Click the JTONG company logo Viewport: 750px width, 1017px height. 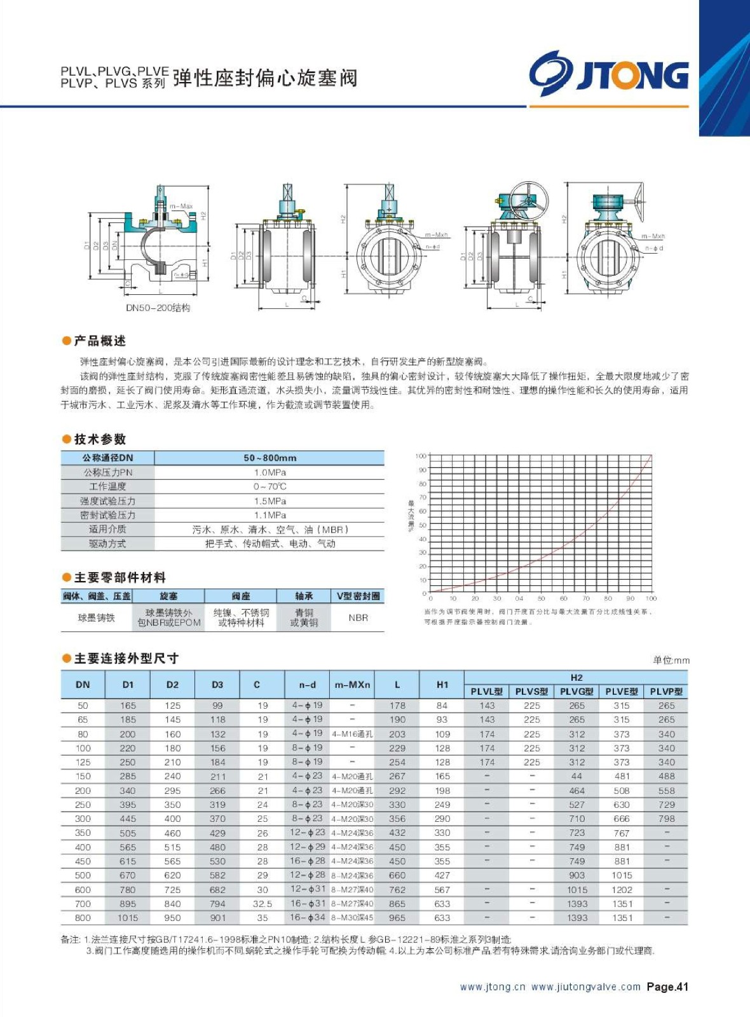(609, 74)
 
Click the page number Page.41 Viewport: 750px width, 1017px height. (667, 986)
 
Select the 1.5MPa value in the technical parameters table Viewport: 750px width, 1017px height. (269, 501)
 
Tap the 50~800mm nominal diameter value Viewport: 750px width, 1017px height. (269, 458)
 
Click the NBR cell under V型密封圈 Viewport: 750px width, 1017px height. (358, 617)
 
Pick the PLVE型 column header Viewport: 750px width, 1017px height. (621, 692)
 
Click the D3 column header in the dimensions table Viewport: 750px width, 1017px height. (217, 685)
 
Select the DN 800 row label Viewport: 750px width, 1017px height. (83, 918)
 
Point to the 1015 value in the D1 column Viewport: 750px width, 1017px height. (128, 918)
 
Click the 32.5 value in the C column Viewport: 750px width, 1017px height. (262, 904)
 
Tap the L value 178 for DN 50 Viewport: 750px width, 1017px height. (397, 706)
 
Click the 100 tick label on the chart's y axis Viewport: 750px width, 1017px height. (421, 456)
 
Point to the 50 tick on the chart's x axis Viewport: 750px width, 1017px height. (541, 599)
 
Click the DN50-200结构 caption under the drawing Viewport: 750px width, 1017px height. (158, 308)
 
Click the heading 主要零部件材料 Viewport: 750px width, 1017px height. (119, 578)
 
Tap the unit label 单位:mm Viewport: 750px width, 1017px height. (671, 660)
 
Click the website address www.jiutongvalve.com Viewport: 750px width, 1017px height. (585, 986)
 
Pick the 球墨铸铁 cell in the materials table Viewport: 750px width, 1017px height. (97, 618)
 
